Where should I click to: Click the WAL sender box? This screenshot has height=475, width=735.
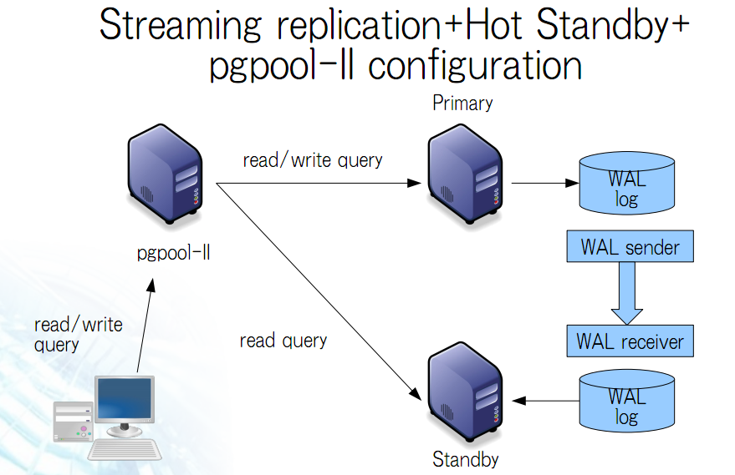tap(630, 246)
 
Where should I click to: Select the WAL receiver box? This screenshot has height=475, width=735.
tap(630, 341)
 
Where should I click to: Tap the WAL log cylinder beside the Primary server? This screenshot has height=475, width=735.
tap(627, 183)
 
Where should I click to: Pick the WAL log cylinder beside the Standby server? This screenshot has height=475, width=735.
tap(627, 401)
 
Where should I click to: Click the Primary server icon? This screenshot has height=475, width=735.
tap(465, 174)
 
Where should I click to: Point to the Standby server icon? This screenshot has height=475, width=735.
tap(465, 392)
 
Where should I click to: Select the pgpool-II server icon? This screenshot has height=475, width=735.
tap(165, 174)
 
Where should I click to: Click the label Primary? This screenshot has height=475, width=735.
tap(462, 104)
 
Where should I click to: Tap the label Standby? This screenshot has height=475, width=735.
tap(466, 459)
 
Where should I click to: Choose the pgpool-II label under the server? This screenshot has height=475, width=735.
tap(173, 253)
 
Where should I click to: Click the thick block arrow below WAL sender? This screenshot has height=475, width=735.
tap(627, 293)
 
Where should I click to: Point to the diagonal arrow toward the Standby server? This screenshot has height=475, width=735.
tap(319, 291)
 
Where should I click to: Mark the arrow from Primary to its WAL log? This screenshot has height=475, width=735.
tap(545, 183)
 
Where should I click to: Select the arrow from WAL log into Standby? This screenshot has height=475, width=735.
tap(546, 401)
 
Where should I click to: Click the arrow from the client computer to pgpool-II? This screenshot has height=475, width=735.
tap(145, 326)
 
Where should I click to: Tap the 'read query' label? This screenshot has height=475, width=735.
tap(283, 341)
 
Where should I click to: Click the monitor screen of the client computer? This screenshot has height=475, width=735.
tap(125, 399)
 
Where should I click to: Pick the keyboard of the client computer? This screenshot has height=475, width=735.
tap(125, 449)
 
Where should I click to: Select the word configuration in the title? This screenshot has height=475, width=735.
tap(475, 67)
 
